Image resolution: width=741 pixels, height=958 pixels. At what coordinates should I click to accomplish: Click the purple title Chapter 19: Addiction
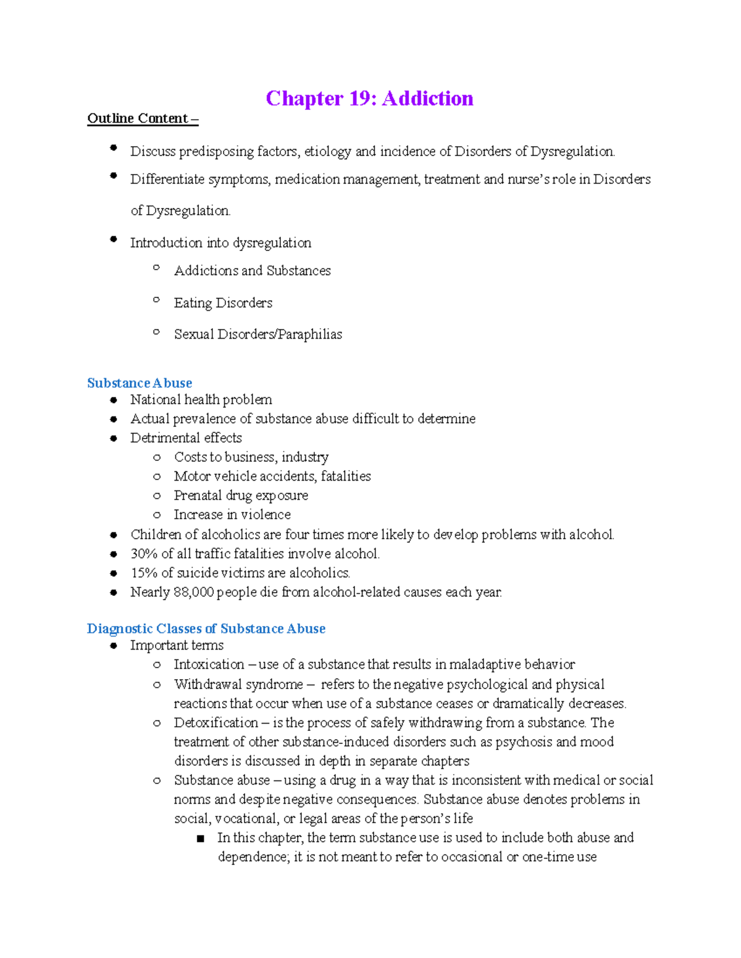pyautogui.click(x=369, y=99)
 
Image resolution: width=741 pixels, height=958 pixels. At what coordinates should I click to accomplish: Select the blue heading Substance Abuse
pyautogui.click(x=140, y=383)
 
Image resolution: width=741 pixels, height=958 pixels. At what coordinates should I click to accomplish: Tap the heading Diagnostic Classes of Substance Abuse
pyautogui.click(x=206, y=629)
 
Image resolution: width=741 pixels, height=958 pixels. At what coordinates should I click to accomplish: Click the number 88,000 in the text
pyautogui.click(x=194, y=592)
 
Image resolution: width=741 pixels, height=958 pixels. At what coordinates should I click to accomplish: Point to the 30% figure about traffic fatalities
pyautogui.click(x=144, y=554)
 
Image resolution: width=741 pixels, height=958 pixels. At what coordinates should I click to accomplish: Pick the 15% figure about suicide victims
pyautogui.click(x=144, y=573)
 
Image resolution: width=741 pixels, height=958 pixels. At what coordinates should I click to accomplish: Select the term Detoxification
pyautogui.click(x=216, y=722)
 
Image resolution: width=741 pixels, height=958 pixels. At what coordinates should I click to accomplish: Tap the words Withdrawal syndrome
pyautogui.click(x=238, y=684)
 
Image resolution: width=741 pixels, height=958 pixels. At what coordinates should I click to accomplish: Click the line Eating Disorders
pyautogui.click(x=223, y=303)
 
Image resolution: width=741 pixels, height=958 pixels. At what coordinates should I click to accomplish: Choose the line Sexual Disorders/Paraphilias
pyautogui.click(x=257, y=334)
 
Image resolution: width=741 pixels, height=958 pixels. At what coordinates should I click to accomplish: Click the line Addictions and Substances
pyautogui.click(x=252, y=271)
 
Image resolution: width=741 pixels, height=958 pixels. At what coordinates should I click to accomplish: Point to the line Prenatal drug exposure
pyautogui.click(x=241, y=495)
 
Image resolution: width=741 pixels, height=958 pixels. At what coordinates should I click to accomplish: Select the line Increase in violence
pyautogui.click(x=232, y=514)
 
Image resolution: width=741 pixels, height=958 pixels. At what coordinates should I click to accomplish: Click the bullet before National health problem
pyautogui.click(x=114, y=400)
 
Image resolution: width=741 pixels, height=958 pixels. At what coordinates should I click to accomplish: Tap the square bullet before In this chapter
pyautogui.click(x=200, y=838)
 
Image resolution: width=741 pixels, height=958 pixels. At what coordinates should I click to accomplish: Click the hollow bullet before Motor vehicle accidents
pyautogui.click(x=157, y=477)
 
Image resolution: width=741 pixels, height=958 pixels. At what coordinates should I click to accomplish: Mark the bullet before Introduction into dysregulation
pyautogui.click(x=114, y=239)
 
